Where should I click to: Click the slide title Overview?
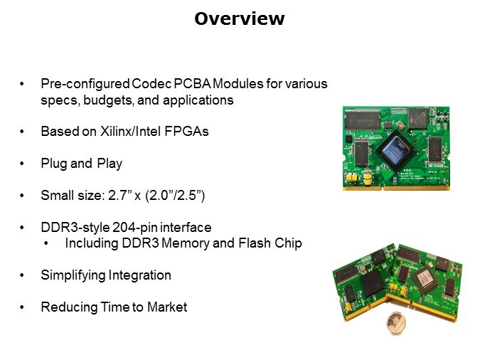pos(240,18)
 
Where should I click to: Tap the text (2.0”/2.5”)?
pos(175,195)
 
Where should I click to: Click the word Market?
pos(167,307)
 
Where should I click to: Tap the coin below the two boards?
pos(396,323)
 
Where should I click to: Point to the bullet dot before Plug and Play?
pos(22,164)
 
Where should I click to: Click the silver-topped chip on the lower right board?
pos(425,280)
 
